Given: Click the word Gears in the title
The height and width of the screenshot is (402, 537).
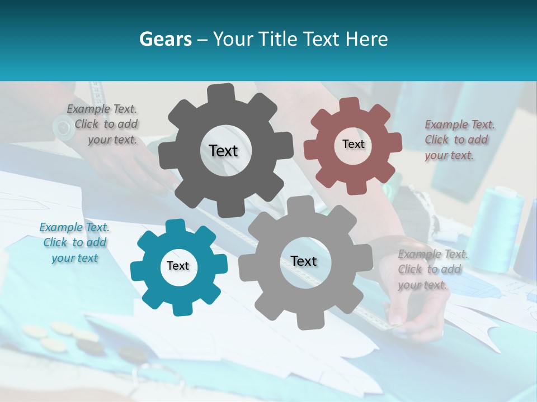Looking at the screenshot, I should click(x=165, y=39).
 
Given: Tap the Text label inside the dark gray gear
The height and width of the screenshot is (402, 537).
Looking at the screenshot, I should click(x=223, y=151).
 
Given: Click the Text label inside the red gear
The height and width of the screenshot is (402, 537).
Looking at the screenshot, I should click(x=353, y=144).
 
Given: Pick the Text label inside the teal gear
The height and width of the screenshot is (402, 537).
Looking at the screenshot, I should click(x=178, y=266).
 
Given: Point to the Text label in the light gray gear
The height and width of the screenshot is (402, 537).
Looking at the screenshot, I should click(x=304, y=261).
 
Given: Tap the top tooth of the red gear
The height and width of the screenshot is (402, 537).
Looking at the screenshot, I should click(x=349, y=104).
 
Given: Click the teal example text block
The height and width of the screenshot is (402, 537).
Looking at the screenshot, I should click(x=74, y=242).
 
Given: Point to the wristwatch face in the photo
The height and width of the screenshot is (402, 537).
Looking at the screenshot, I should click(x=64, y=127).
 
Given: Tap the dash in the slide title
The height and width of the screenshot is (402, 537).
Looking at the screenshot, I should click(x=202, y=39).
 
